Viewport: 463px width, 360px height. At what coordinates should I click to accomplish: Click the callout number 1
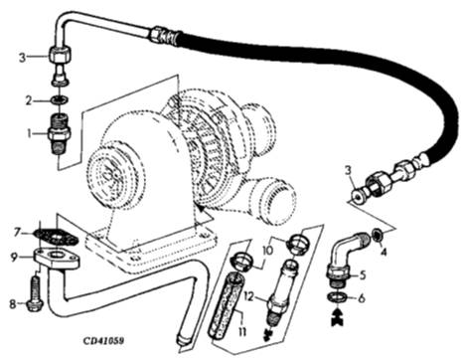(x=30, y=134)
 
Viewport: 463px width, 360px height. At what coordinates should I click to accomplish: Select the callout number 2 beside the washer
(x=30, y=100)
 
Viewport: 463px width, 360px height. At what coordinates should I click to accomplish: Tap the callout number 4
(x=384, y=253)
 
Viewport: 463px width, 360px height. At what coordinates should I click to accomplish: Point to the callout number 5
(x=363, y=275)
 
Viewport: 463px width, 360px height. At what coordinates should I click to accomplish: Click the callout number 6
(x=362, y=298)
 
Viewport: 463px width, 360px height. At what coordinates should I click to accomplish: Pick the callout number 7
(x=17, y=233)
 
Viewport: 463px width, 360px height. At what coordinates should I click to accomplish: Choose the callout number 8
(x=13, y=304)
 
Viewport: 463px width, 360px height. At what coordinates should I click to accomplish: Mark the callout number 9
(x=14, y=258)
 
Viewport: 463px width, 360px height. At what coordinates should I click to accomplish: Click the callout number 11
(x=242, y=331)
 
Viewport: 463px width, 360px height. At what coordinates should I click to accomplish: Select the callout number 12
(x=249, y=296)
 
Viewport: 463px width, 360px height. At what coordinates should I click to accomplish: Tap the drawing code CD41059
(x=103, y=341)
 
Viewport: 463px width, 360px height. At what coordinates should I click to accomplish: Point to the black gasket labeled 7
(x=57, y=236)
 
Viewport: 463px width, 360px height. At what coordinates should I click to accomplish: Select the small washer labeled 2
(x=60, y=99)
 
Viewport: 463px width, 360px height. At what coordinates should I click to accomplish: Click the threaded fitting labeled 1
(x=60, y=134)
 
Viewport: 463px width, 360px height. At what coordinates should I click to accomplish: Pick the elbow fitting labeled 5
(x=347, y=258)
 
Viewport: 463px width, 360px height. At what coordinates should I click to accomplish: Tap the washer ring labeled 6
(x=338, y=297)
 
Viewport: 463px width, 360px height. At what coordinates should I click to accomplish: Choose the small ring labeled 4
(x=378, y=235)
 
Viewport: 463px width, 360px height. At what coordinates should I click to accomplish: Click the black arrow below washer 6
(x=338, y=317)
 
